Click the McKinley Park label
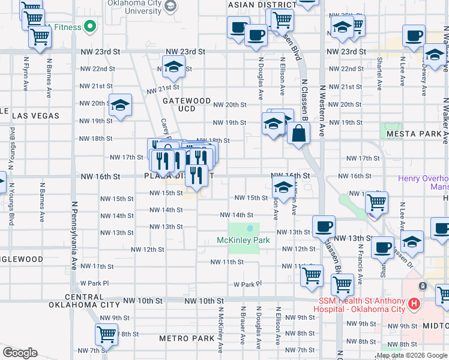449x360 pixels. [x=243, y=240]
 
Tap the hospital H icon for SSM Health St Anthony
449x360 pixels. [x=413, y=304]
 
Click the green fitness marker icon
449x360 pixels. [x=90, y=26]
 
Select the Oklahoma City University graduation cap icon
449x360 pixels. [x=171, y=7]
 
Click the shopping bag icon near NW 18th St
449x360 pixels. [x=298, y=134]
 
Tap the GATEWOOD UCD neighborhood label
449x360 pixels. [x=187, y=104]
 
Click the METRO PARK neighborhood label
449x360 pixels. [x=187, y=338]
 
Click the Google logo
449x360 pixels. [x=20, y=353]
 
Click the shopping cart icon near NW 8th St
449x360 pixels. [x=106, y=334]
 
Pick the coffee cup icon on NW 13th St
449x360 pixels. [x=324, y=226]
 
